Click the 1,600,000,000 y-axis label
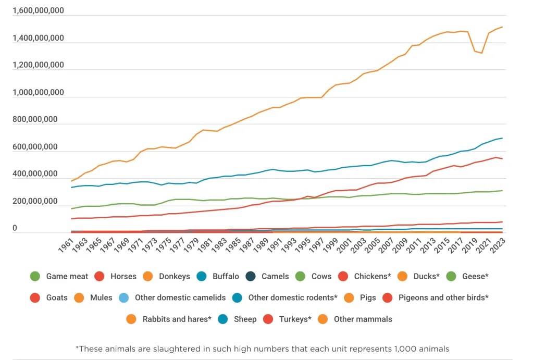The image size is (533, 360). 38,11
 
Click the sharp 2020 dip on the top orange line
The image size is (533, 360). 481,53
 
